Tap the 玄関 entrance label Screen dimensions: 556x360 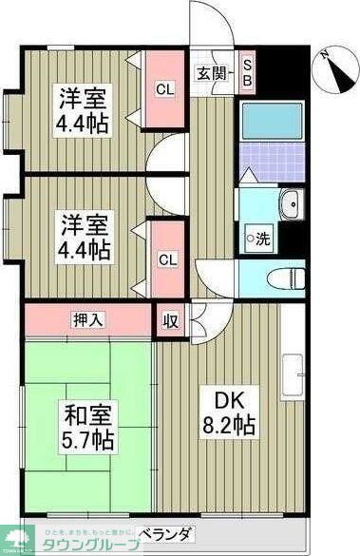210,73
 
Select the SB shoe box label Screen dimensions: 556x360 248,72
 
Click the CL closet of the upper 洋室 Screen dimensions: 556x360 164,89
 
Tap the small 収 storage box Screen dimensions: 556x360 172,320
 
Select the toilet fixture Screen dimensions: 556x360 282,278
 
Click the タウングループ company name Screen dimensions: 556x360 90,545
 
